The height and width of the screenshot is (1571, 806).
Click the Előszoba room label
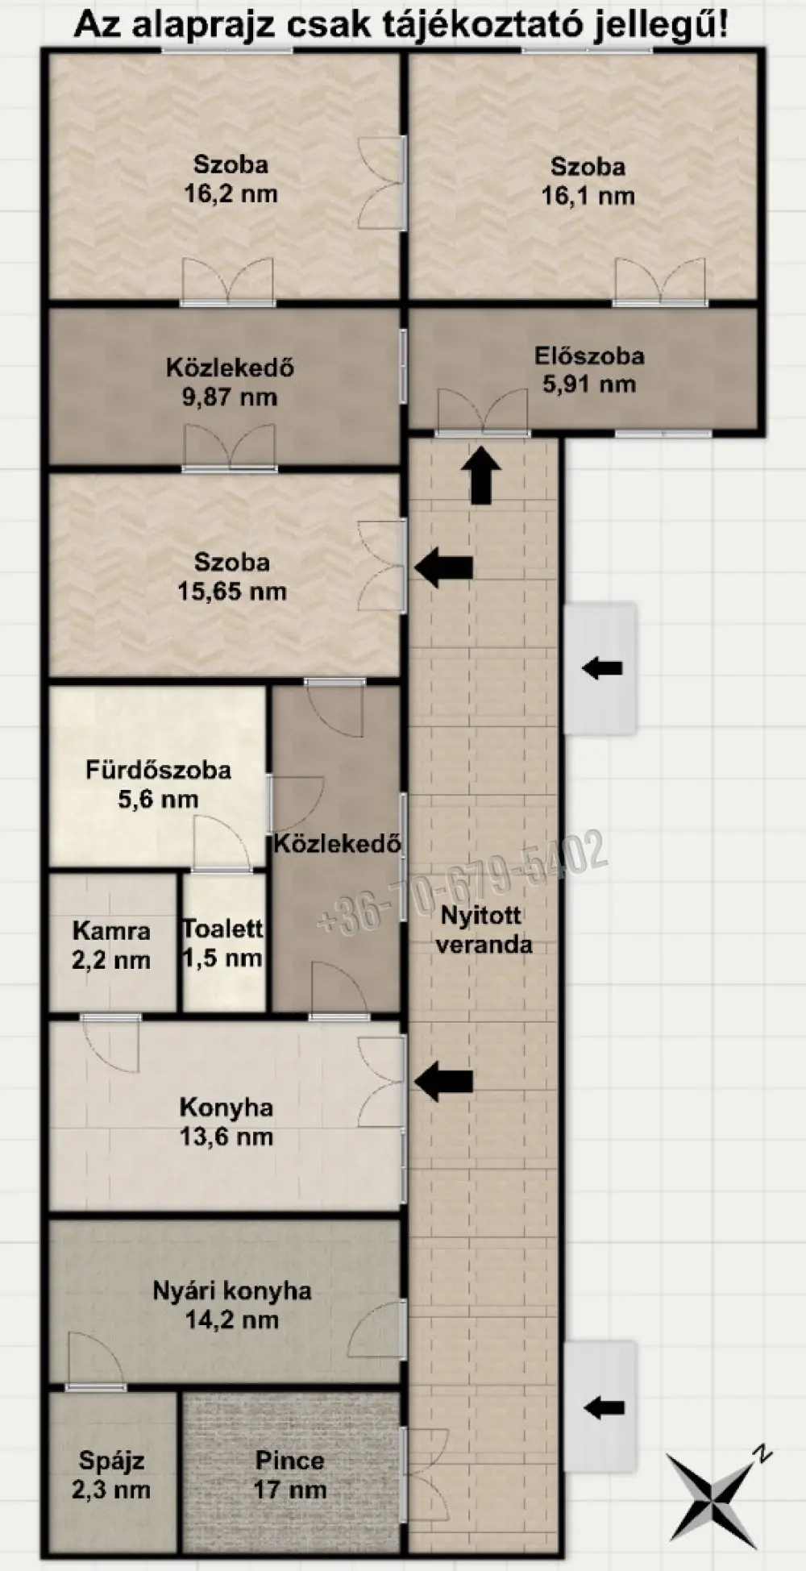click(x=589, y=355)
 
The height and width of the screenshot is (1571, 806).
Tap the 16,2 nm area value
click(x=231, y=193)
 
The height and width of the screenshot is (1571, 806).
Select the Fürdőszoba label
click(x=159, y=770)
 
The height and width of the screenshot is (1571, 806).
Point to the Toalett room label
click(x=222, y=929)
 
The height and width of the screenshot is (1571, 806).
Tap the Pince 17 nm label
click(x=290, y=1474)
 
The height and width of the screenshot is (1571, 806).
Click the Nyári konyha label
click(x=232, y=1290)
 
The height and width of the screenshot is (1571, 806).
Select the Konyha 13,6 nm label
click(x=226, y=1121)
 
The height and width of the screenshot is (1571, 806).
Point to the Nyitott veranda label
click(x=484, y=929)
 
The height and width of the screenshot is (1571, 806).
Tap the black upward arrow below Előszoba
click(x=481, y=476)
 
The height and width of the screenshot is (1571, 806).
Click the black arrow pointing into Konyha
click(x=443, y=1081)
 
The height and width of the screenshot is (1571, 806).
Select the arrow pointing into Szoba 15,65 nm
click(x=443, y=567)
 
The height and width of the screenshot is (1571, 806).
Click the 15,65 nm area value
click(x=232, y=591)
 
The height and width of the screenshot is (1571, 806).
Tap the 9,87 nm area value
click(x=231, y=397)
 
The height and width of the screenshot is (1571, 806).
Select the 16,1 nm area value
click(x=588, y=195)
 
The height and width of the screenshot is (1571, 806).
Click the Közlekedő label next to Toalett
click(x=337, y=844)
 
